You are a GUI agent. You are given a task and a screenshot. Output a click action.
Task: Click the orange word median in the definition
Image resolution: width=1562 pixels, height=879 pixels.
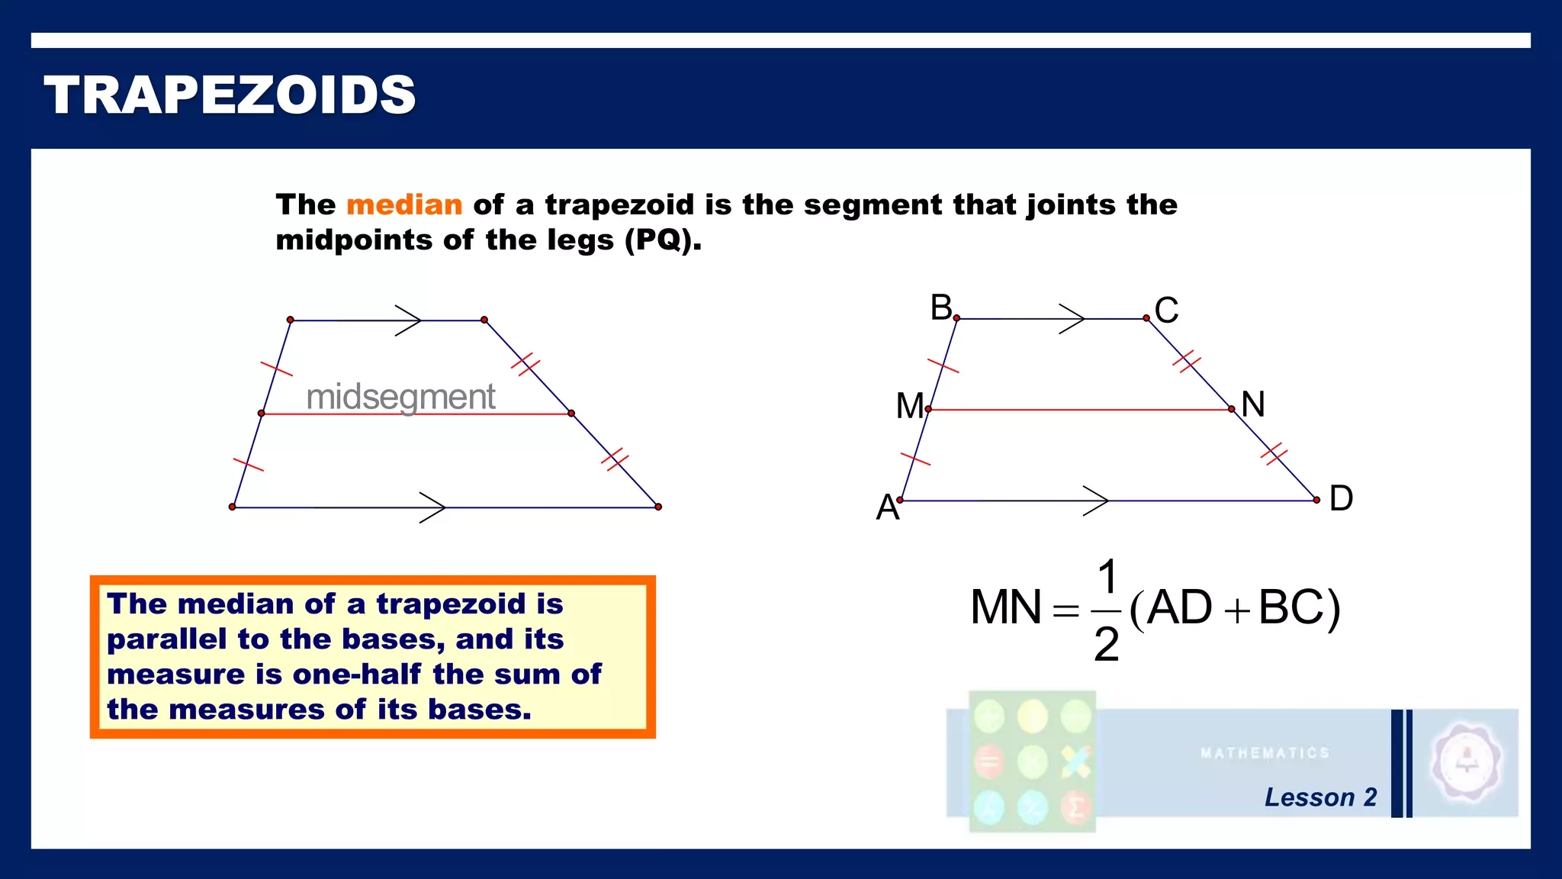(404, 204)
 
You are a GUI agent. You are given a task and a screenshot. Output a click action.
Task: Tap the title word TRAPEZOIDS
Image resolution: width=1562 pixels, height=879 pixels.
(230, 95)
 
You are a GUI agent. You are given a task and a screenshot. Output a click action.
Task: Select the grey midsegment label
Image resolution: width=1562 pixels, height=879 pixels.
(400, 397)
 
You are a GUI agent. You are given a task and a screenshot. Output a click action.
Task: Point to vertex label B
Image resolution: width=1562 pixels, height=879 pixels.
(941, 307)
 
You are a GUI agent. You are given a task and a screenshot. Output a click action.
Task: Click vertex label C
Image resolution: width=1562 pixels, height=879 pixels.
(1166, 311)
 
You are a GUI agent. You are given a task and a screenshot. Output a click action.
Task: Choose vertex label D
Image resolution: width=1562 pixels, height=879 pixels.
(1341, 498)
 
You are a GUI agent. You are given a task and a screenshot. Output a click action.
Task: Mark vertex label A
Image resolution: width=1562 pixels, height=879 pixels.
(887, 507)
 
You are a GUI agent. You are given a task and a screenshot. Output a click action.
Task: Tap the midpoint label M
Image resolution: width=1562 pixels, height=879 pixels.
(910, 406)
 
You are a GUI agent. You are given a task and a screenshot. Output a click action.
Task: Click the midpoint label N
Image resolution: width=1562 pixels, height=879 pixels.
(1253, 404)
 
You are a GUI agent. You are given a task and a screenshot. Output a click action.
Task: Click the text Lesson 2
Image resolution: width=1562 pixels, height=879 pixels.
(1320, 797)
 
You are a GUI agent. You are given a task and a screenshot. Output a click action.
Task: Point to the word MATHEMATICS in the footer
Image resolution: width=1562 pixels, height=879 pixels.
(1265, 753)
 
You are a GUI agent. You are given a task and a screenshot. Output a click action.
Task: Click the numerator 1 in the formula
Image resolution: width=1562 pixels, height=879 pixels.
(1107, 577)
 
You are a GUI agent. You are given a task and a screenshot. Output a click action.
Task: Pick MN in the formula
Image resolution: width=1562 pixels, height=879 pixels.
(1005, 608)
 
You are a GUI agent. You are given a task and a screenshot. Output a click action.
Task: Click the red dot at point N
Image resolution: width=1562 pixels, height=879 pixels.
(1232, 410)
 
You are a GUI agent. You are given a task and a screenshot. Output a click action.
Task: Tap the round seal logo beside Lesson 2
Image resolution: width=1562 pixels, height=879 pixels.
(1466, 761)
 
